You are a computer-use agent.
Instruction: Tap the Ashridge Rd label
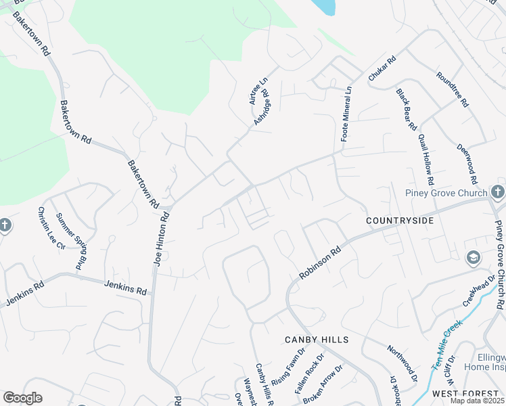coord(262,108)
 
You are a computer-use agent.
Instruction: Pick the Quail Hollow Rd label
coord(425,160)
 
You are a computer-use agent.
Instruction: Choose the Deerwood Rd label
coord(467,164)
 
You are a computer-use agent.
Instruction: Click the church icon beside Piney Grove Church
coord(497,191)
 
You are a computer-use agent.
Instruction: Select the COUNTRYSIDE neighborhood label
coord(398,221)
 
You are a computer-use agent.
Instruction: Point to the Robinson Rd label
coord(319,263)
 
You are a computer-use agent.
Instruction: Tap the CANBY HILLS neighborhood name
coord(317,339)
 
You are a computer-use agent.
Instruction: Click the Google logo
coord(22,398)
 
